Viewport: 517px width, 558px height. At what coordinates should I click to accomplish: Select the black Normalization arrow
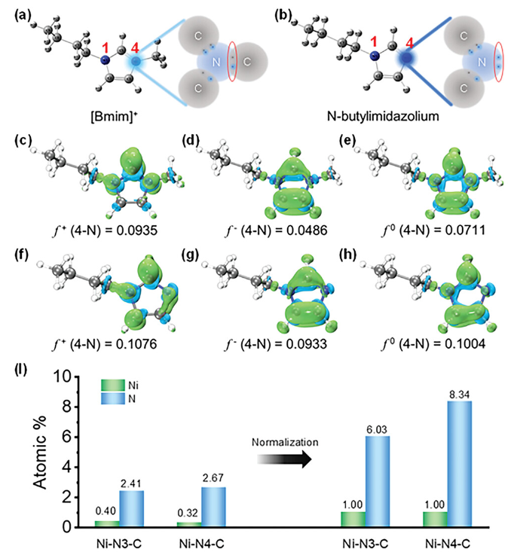[x=287, y=461]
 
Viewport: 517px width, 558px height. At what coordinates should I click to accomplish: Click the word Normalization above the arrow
[x=286, y=443]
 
